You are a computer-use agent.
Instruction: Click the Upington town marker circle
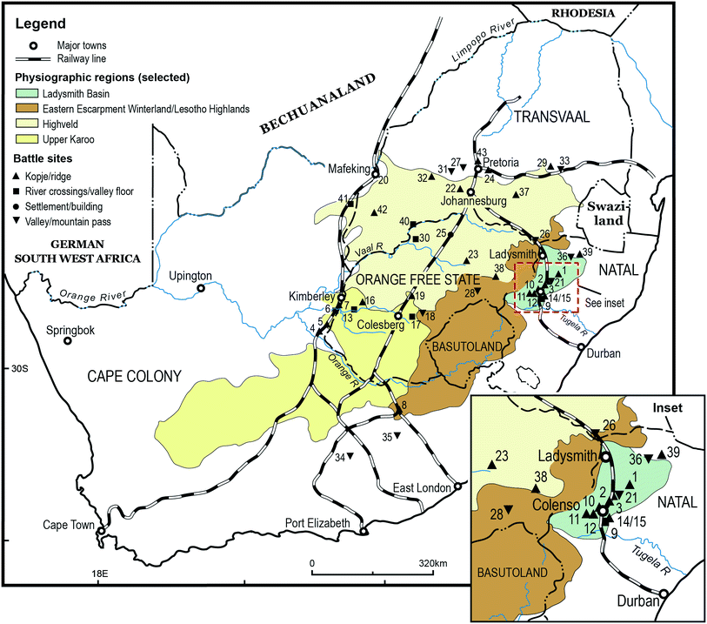(x=201, y=288)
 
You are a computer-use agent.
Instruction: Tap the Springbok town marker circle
(x=68, y=340)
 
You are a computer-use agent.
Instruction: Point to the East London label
(x=422, y=486)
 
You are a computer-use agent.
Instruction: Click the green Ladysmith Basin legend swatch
(x=26, y=94)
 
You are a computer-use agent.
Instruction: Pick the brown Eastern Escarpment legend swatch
(x=26, y=110)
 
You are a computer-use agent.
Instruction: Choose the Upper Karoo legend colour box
(x=26, y=140)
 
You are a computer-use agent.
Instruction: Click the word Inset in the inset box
(x=669, y=407)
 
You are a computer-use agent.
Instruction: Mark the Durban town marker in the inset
(x=664, y=594)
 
